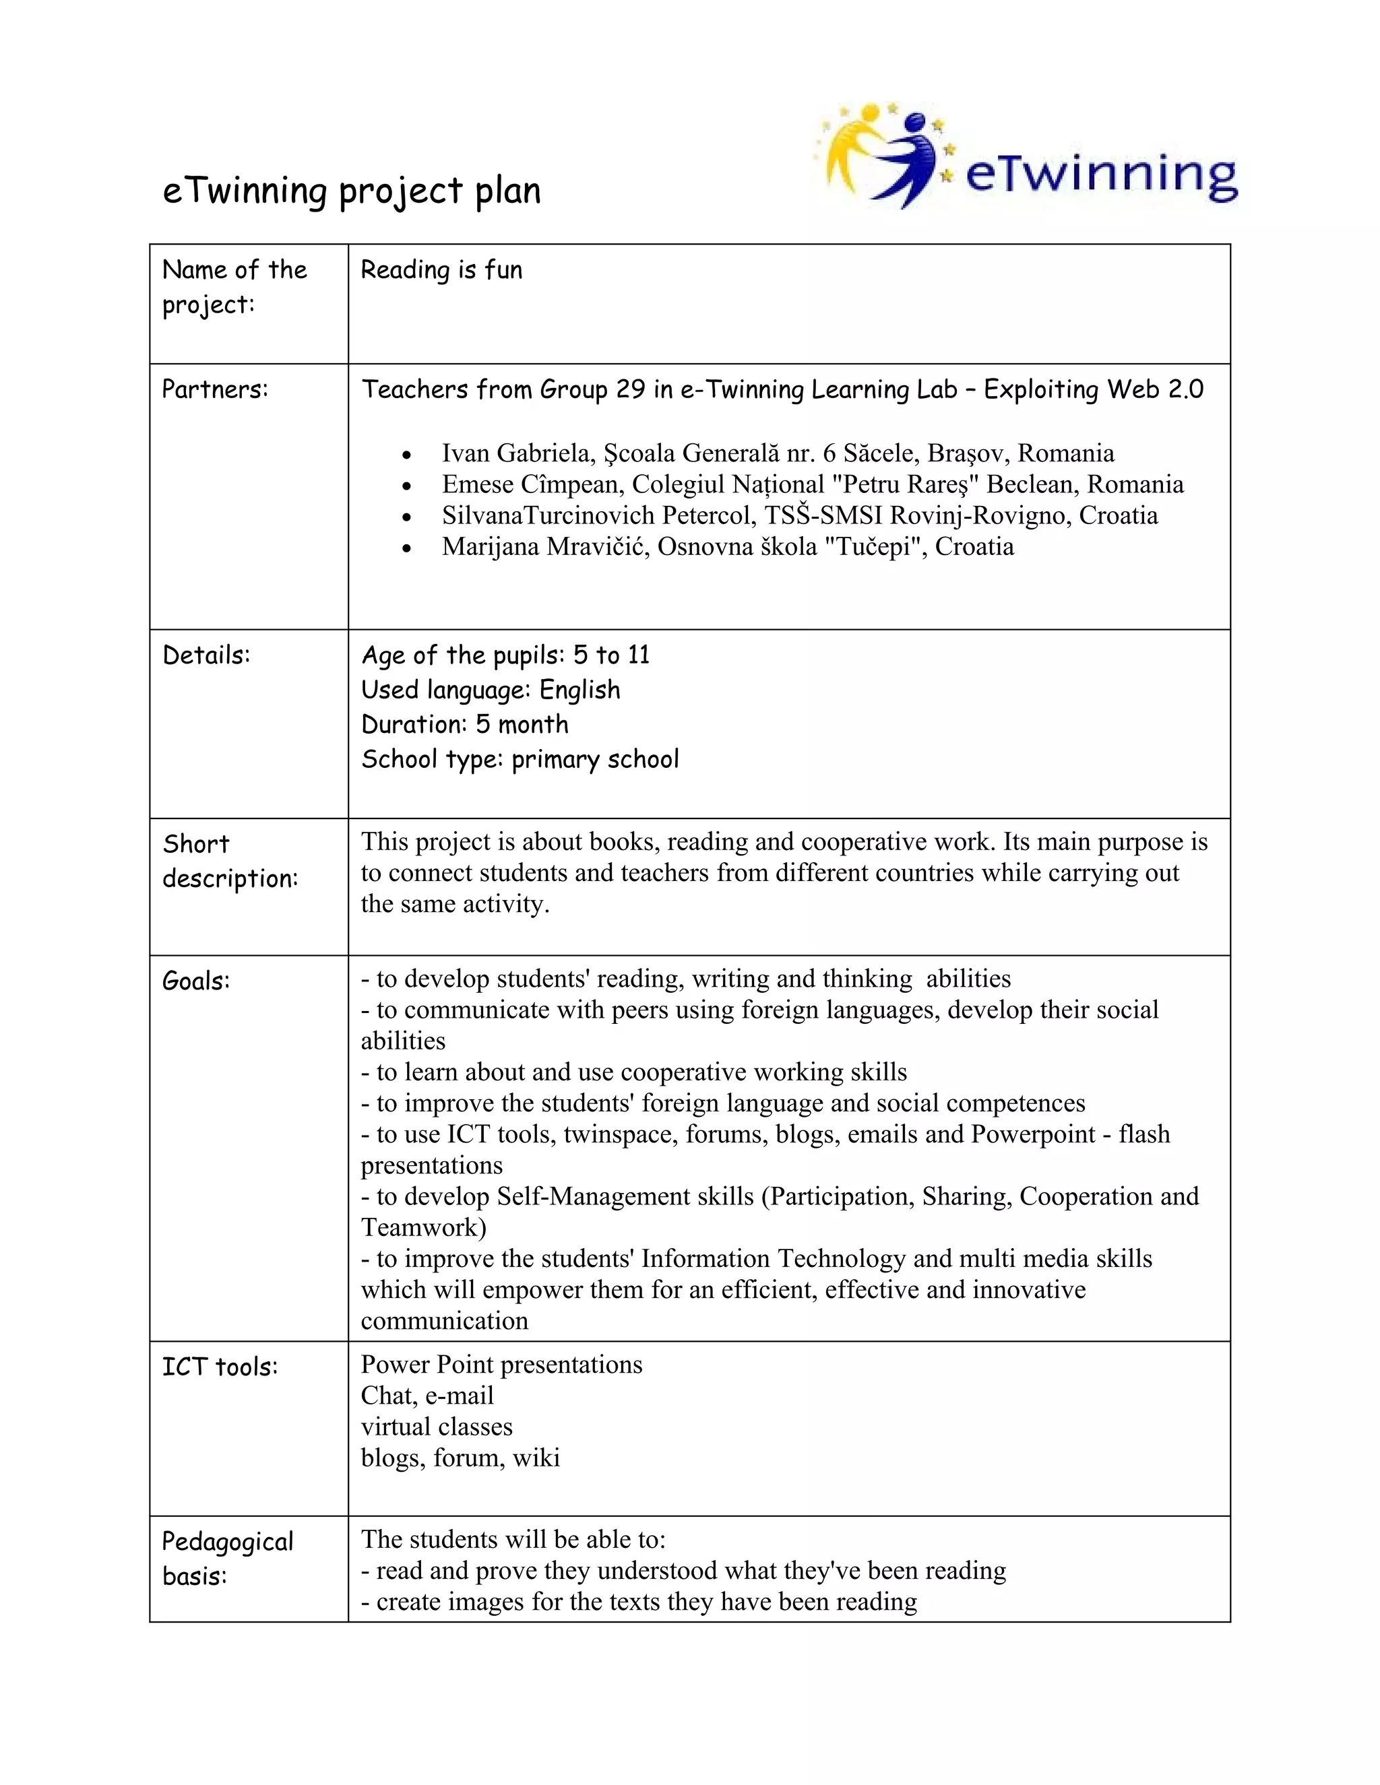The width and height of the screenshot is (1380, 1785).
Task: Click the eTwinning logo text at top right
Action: click(1100, 175)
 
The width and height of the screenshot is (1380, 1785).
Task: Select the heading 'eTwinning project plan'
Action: click(352, 191)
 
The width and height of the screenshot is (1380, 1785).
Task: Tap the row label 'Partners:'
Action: click(215, 389)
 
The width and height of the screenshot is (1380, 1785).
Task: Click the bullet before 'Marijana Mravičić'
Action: click(407, 548)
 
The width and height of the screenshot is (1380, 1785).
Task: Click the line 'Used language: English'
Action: click(491, 690)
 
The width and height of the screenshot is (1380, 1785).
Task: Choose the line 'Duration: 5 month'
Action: click(464, 724)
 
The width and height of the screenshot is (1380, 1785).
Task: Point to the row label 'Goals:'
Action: click(196, 981)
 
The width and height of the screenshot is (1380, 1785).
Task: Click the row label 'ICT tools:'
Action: click(220, 1367)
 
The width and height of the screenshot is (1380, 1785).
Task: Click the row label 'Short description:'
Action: click(230, 862)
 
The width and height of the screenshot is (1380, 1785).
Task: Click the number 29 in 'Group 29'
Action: click(630, 389)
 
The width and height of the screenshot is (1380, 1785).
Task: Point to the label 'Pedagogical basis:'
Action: click(227, 1559)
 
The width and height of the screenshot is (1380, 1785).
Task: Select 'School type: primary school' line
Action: click(520, 759)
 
